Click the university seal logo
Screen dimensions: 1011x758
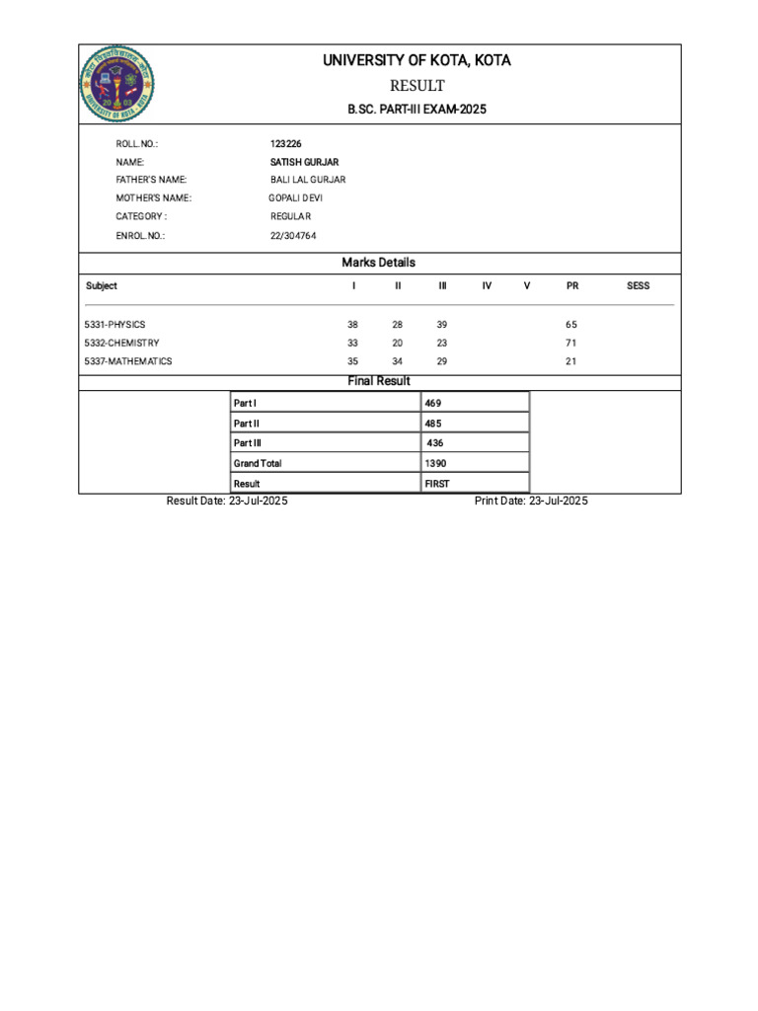116,85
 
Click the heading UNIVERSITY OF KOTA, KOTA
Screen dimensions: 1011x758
417,61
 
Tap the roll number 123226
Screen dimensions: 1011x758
286,144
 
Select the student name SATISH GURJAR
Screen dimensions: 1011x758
304,162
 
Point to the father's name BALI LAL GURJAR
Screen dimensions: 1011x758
308,180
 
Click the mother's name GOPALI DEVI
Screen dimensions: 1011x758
295,198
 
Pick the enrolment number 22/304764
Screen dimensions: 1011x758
293,236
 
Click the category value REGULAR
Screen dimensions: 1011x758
290,216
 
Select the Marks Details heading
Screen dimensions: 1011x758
379,263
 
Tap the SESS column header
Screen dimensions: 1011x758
639,286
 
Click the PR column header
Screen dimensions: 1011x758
572,286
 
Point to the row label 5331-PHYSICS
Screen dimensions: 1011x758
115,325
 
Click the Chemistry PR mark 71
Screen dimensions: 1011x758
571,343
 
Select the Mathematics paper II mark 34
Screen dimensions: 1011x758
398,361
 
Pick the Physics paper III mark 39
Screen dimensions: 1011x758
442,325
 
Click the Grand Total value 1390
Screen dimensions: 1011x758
435,463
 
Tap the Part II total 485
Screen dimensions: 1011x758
433,424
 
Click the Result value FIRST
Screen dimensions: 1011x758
437,484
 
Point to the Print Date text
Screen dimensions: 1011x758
531,502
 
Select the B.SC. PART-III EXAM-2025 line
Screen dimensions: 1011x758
417,110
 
